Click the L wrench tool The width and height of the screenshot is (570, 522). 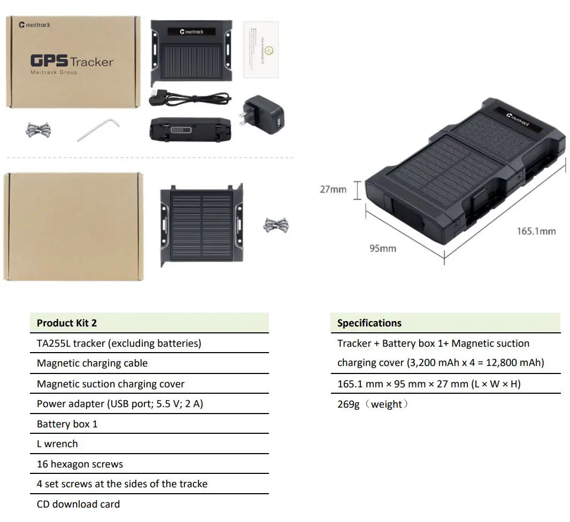99,130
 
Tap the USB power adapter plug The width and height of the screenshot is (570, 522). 263,114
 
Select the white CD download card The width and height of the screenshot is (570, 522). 261,50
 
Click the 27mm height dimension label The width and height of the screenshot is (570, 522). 333,189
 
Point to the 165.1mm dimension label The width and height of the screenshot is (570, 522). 535,231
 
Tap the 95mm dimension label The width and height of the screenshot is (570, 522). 382,248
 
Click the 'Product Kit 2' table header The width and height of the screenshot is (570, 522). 67,323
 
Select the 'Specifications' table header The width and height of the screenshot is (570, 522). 369,323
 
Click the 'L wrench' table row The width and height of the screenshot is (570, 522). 57,443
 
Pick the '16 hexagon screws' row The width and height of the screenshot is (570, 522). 80,464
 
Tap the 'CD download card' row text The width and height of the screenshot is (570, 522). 78,504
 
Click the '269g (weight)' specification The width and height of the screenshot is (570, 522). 372,404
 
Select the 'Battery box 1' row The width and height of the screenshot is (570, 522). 67,424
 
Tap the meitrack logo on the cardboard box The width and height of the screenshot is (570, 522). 35,25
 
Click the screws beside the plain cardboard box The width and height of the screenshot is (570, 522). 276,225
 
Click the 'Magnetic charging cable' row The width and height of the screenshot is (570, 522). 92,363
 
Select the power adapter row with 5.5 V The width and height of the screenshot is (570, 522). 120,403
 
